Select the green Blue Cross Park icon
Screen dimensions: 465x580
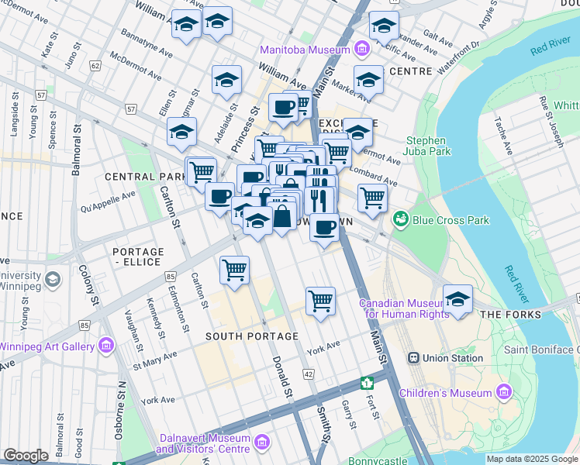[x=401, y=220]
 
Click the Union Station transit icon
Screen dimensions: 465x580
[x=415, y=358]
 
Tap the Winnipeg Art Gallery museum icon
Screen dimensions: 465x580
[x=106, y=345]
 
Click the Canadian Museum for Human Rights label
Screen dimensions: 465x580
[x=403, y=308]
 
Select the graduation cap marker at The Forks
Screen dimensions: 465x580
[x=458, y=300]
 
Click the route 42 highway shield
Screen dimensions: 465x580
[x=308, y=374]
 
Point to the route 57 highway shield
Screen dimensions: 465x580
[x=130, y=108]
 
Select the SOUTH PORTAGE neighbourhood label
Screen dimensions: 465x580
[x=251, y=336]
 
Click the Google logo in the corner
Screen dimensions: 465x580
[x=26, y=456]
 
